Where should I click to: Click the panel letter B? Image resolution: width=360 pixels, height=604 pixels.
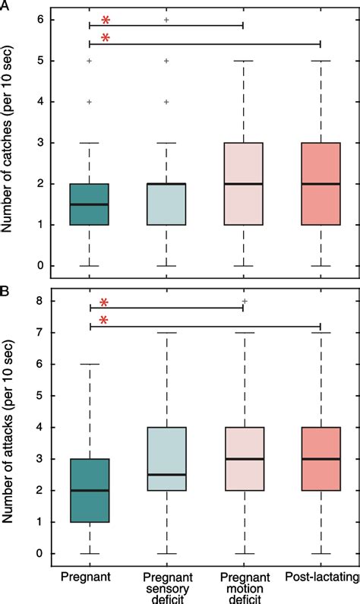coord(5,292)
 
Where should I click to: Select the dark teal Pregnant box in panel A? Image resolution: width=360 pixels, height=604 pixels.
coord(90,204)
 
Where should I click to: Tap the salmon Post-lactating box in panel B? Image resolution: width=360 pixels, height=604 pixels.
coord(321,459)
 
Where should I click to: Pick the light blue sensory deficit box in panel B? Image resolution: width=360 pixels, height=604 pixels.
coord(166,459)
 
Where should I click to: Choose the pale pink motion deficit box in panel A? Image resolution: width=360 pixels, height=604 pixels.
coord(243,183)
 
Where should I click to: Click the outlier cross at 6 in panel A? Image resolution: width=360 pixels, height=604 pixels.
coord(166,19)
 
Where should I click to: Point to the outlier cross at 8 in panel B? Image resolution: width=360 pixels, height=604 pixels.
coord(243,302)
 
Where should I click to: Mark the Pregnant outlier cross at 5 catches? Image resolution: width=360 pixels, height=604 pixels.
coord(90,60)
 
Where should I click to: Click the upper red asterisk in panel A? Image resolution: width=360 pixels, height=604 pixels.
coord(106,20)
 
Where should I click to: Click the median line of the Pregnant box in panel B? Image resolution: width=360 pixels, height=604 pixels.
coord(90,490)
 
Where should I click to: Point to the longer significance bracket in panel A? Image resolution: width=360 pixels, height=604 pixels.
coord(205,43)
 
